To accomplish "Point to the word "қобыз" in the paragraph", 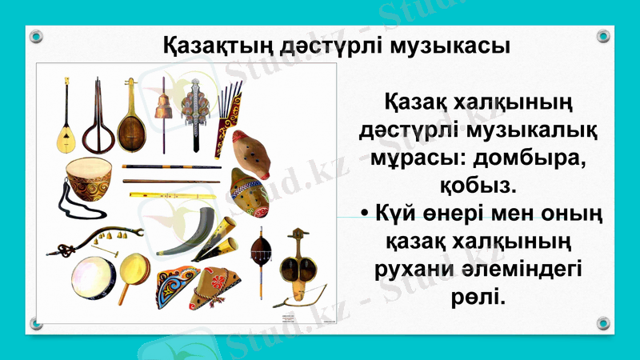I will coord(478,185).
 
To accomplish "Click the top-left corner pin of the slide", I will coord(35,35).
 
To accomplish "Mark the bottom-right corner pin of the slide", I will coord(603,323).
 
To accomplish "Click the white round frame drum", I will coord(94,276).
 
